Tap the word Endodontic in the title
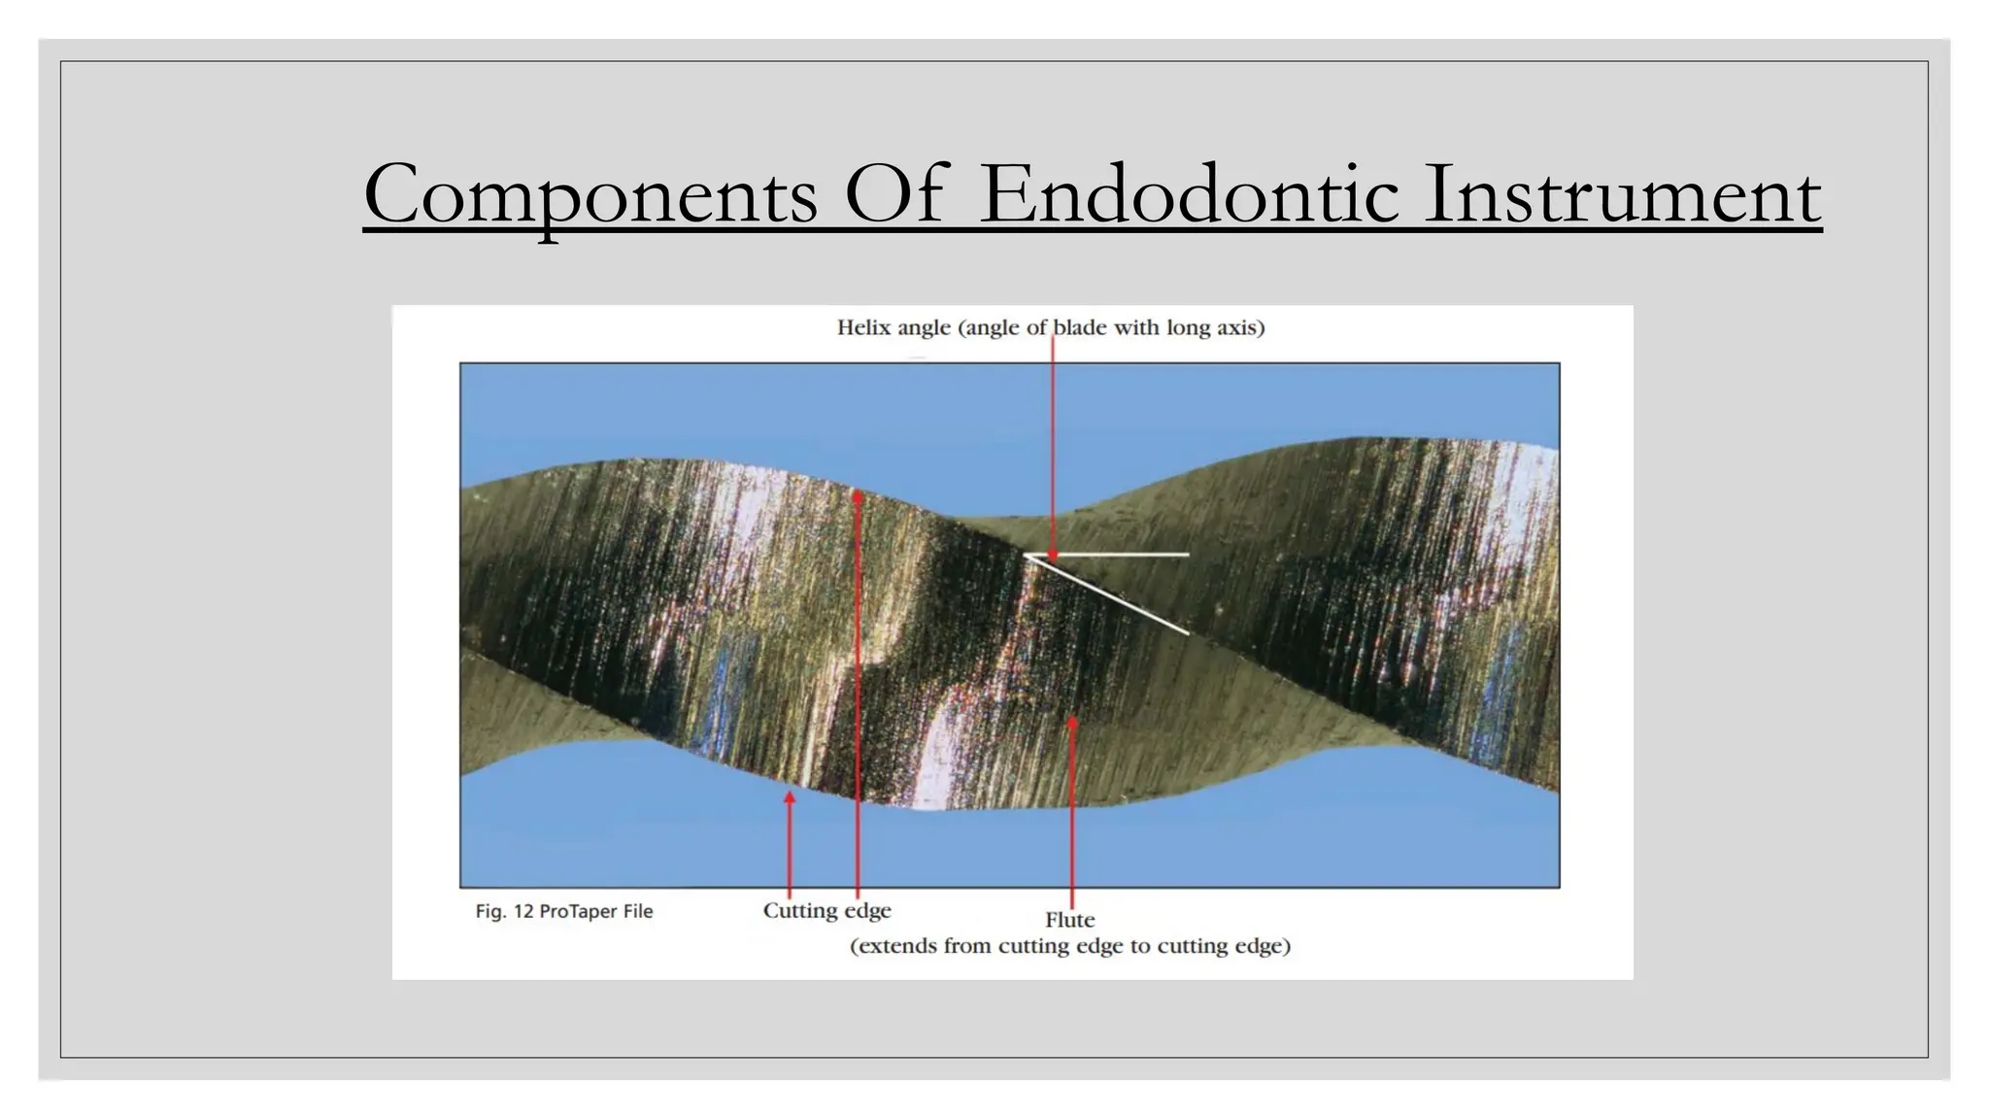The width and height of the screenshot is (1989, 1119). click(x=1189, y=194)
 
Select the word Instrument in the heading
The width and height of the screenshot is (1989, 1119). click(x=1622, y=194)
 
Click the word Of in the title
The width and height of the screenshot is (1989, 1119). click(x=893, y=194)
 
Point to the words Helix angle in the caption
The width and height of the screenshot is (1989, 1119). click(x=893, y=328)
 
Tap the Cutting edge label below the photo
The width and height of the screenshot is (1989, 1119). click(x=826, y=911)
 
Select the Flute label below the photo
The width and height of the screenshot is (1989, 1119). click(x=1069, y=920)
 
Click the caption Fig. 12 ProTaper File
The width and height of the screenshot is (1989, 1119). click(x=563, y=911)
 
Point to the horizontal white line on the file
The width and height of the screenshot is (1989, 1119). click(x=1117, y=555)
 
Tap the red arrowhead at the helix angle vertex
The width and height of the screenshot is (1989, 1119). click(x=1053, y=556)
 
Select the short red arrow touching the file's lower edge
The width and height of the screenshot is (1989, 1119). click(x=790, y=840)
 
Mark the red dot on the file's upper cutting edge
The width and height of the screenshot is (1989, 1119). click(x=858, y=496)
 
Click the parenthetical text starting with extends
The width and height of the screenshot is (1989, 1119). click(x=1069, y=946)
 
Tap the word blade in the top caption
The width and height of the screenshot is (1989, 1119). click(x=1081, y=328)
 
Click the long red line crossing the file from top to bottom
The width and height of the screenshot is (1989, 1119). click(x=859, y=680)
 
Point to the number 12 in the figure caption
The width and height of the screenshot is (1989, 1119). click(x=523, y=911)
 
